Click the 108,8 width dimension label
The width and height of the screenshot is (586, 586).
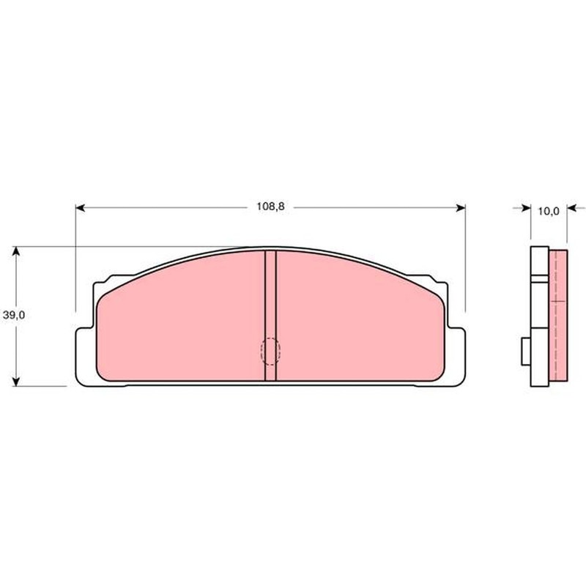(x=270, y=207)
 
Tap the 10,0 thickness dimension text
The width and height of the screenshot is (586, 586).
(x=548, y=211)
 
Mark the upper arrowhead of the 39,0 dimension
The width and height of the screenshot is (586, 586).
(x=19, y=251)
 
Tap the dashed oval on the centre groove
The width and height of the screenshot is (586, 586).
(x=270, y=351)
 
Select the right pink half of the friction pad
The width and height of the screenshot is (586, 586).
(x=359, y=322)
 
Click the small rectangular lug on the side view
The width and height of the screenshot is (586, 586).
(x=525, y=349)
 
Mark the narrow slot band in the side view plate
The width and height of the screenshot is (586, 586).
(x=539, y=278)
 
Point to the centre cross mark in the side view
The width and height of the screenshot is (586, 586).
(x=558, y=301)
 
